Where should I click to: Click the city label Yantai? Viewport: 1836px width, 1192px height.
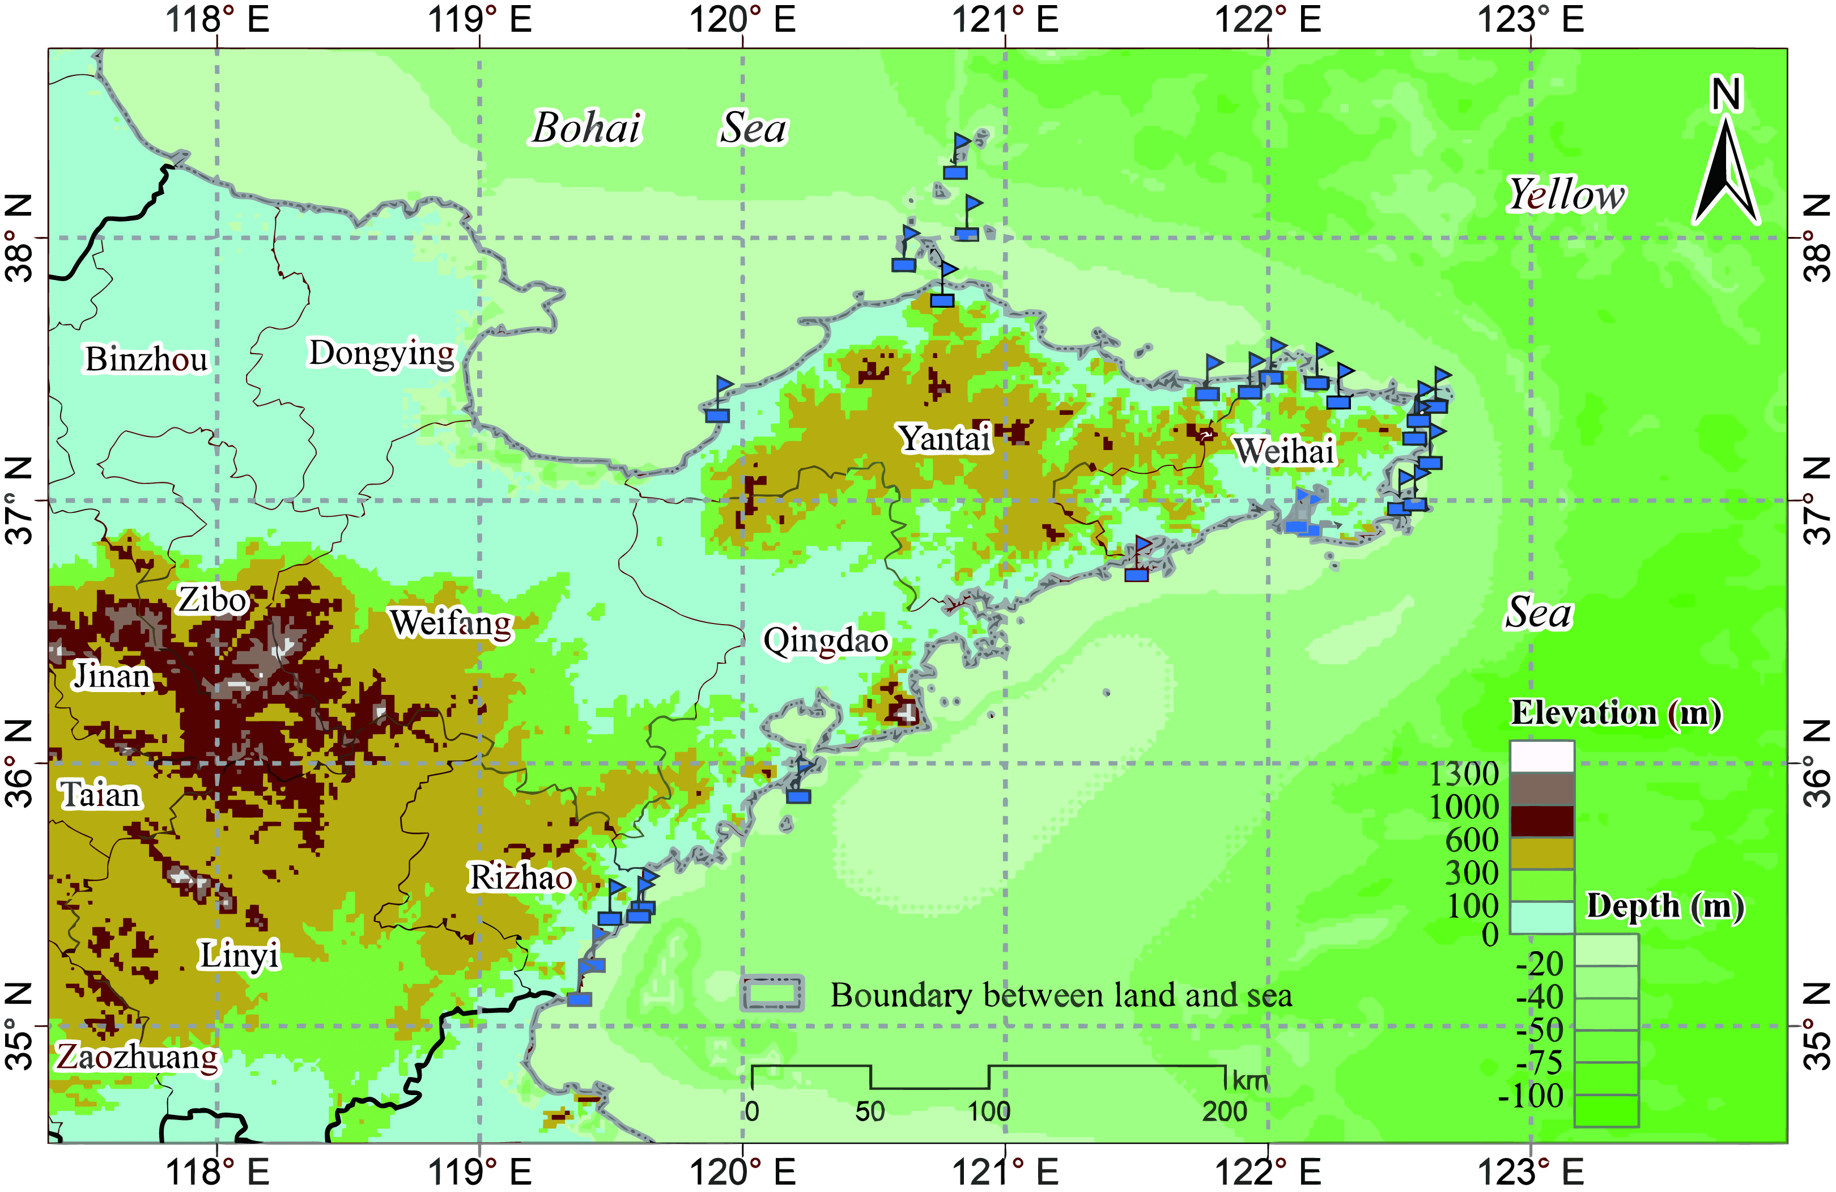point(945,438)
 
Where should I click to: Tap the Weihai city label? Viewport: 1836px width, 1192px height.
point(1285,451)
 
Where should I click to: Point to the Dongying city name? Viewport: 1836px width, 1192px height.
point(382,353)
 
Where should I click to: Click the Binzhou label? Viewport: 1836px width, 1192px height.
point(147,359)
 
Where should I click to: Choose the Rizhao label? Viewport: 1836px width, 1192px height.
point(521,877)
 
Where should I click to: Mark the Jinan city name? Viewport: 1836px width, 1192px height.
point(112,677)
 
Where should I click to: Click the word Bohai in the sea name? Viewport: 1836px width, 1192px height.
point(586,128)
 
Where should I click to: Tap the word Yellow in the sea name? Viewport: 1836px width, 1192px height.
point(1566,194)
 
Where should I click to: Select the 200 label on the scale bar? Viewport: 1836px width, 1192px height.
point(1224,1112)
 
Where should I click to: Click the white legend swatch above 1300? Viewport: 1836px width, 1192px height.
point(1541,757)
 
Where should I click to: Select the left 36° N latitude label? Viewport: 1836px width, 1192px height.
point(19,763)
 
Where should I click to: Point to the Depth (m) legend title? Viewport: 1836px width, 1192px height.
point(1665,906)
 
